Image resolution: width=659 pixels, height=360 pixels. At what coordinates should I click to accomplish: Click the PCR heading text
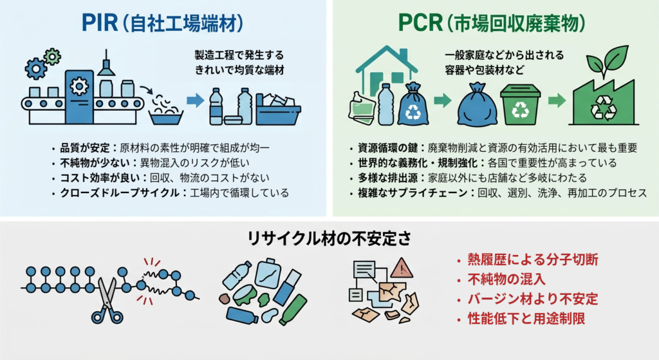491,24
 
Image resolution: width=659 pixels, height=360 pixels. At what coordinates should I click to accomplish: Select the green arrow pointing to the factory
557,100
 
